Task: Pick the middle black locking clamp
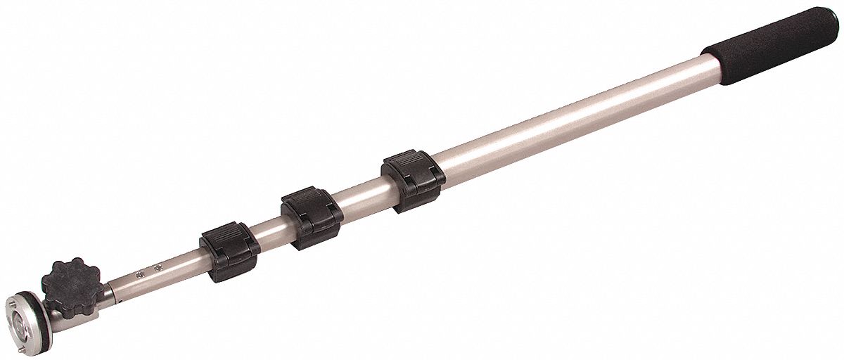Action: coord(312,217)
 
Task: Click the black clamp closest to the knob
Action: coord(229,251)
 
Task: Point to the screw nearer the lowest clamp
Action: coord(158,267)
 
